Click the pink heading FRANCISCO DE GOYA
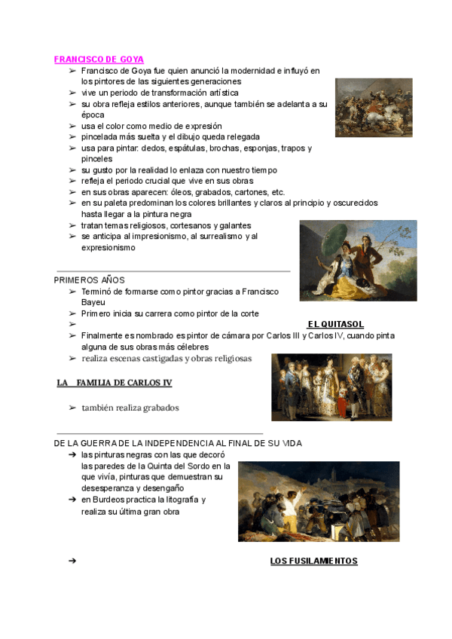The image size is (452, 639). point(99,59)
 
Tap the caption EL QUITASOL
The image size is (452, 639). point(335,324)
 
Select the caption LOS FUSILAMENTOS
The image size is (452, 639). point(313,561)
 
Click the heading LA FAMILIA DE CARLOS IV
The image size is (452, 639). point(115,383)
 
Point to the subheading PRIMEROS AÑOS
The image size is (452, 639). point(90,280)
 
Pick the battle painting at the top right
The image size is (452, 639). point(374,107)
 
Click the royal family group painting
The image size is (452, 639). point(331,387)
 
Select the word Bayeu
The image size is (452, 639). point(93,301)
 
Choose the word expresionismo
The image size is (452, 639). point(108,247)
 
